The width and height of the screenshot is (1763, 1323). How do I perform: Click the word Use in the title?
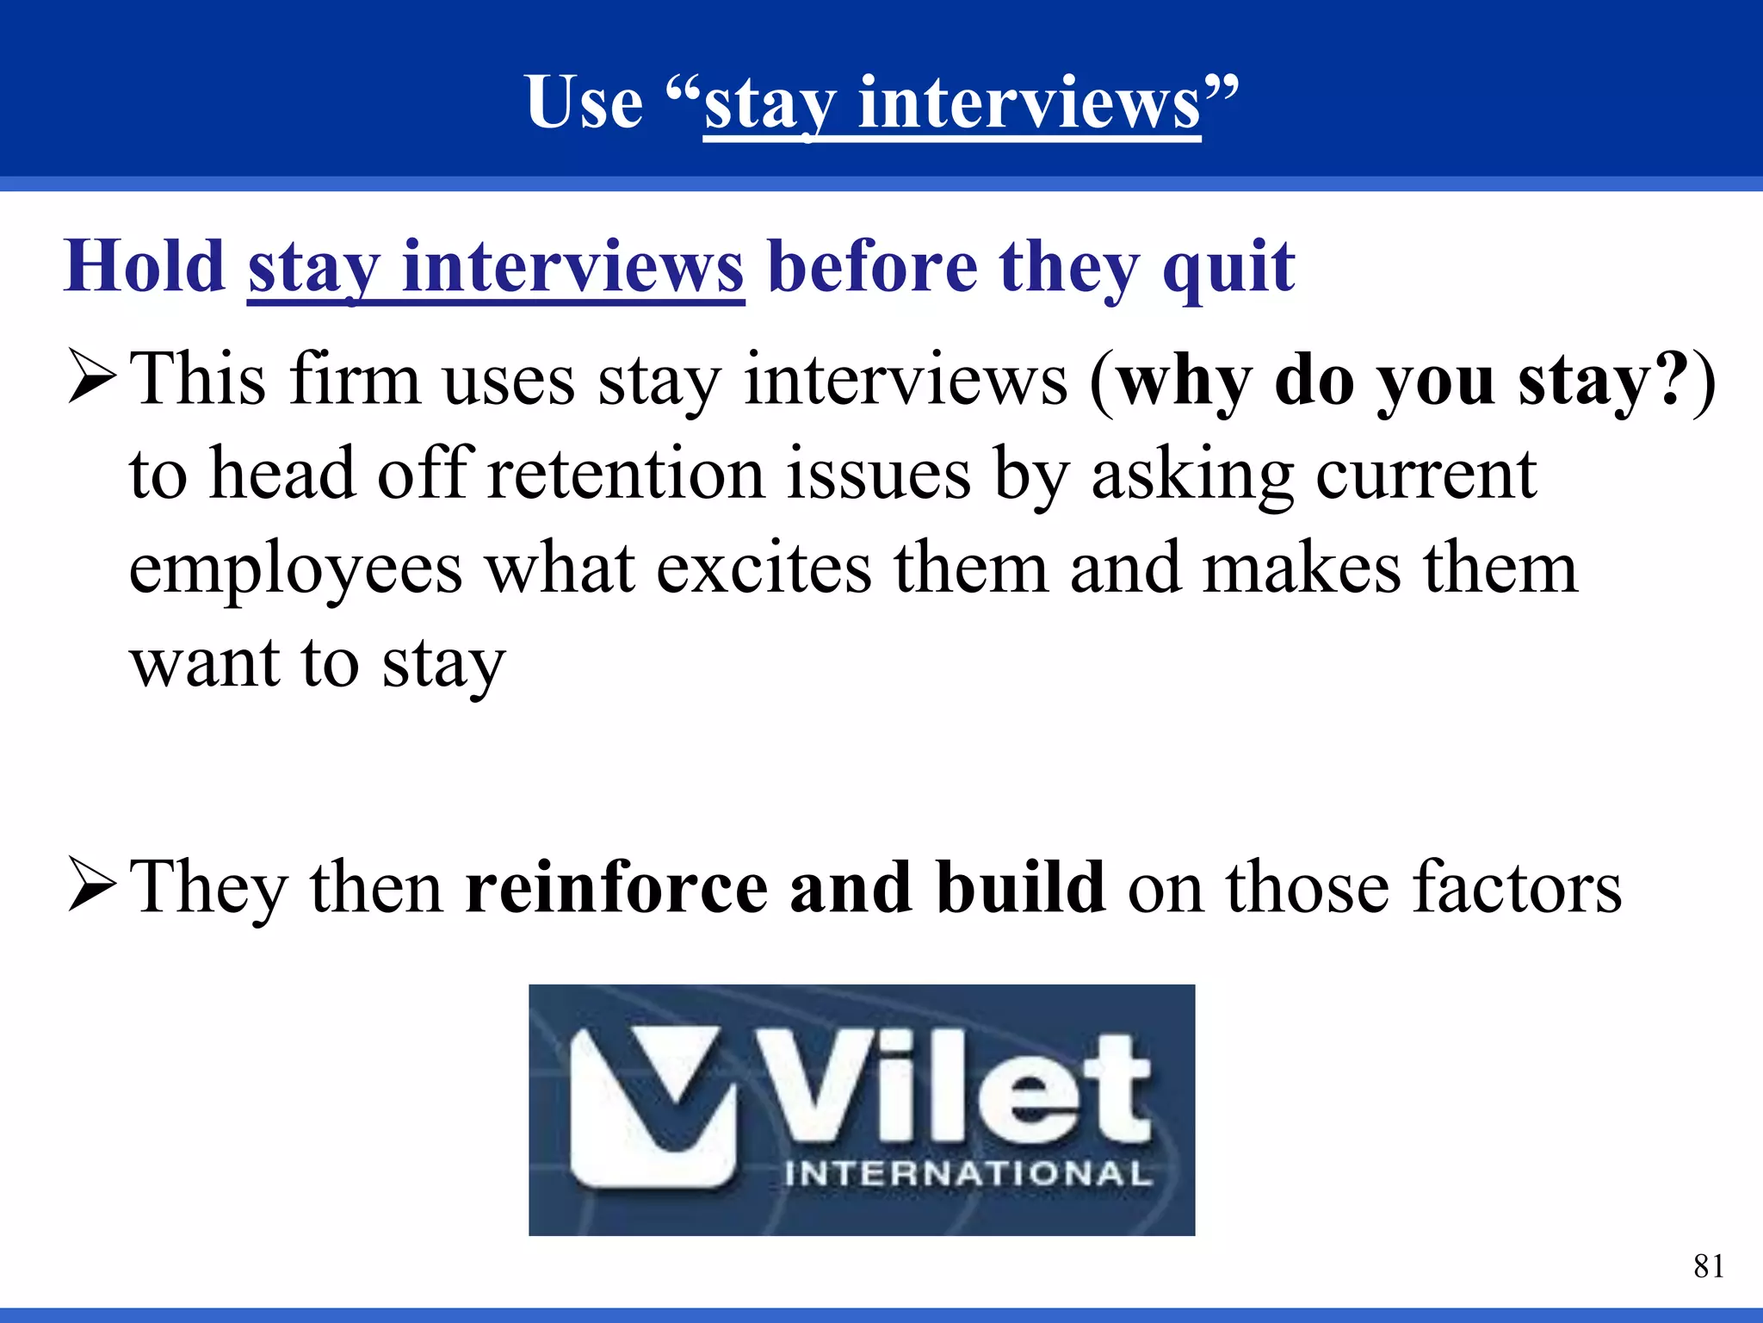585,102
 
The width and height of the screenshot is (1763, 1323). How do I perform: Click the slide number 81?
1708,1266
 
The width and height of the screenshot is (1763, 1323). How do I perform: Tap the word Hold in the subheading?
145,266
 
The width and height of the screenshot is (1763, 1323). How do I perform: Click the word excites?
764,569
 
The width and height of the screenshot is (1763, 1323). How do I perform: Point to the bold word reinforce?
616,888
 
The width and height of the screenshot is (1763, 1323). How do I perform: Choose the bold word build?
1021,888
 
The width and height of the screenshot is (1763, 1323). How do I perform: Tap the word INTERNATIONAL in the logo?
968,1174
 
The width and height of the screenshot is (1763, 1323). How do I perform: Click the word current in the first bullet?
1426,474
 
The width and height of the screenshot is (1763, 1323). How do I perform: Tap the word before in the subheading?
872,266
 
